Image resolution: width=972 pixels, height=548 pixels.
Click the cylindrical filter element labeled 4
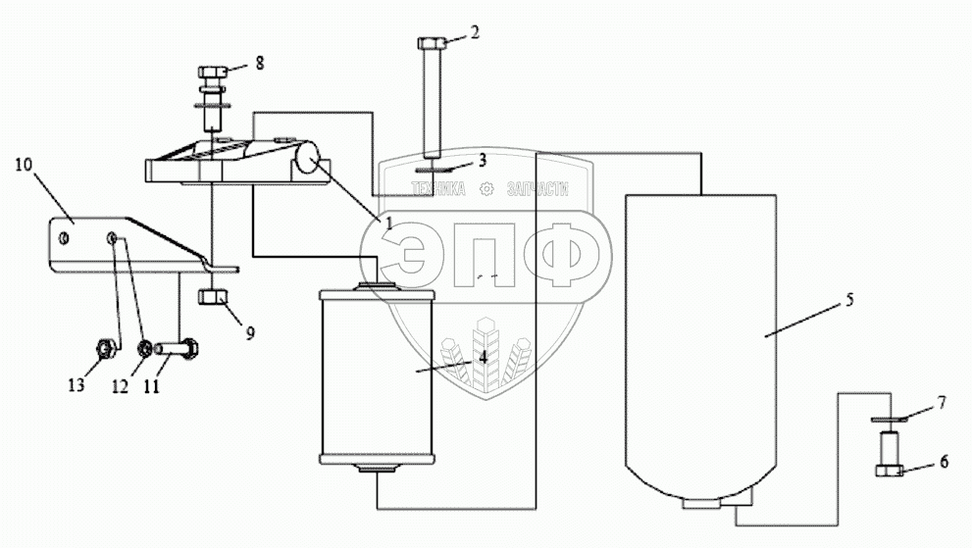tap(377, 373)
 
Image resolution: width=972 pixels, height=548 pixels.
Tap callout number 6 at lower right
tap(944, 460)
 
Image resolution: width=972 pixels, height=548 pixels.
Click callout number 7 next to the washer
tap(941, 404)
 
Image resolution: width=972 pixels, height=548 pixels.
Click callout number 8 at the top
tap(260, 63)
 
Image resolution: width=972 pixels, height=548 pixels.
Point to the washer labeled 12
tap(144, 348)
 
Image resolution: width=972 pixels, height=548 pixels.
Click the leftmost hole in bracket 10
tap(63, 237)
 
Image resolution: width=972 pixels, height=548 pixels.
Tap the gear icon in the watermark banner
tap(486, 190)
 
